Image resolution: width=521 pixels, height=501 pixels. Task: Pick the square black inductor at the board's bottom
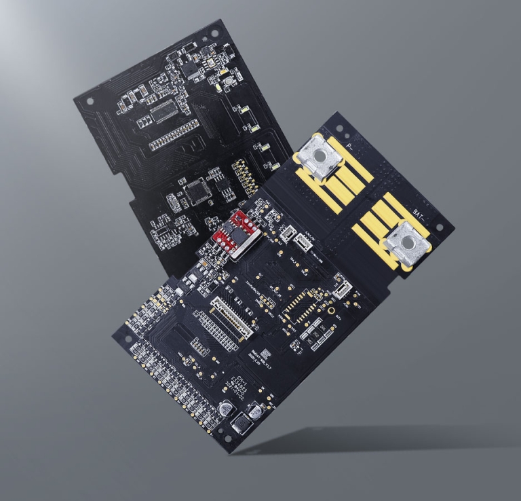tap(241, 425)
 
